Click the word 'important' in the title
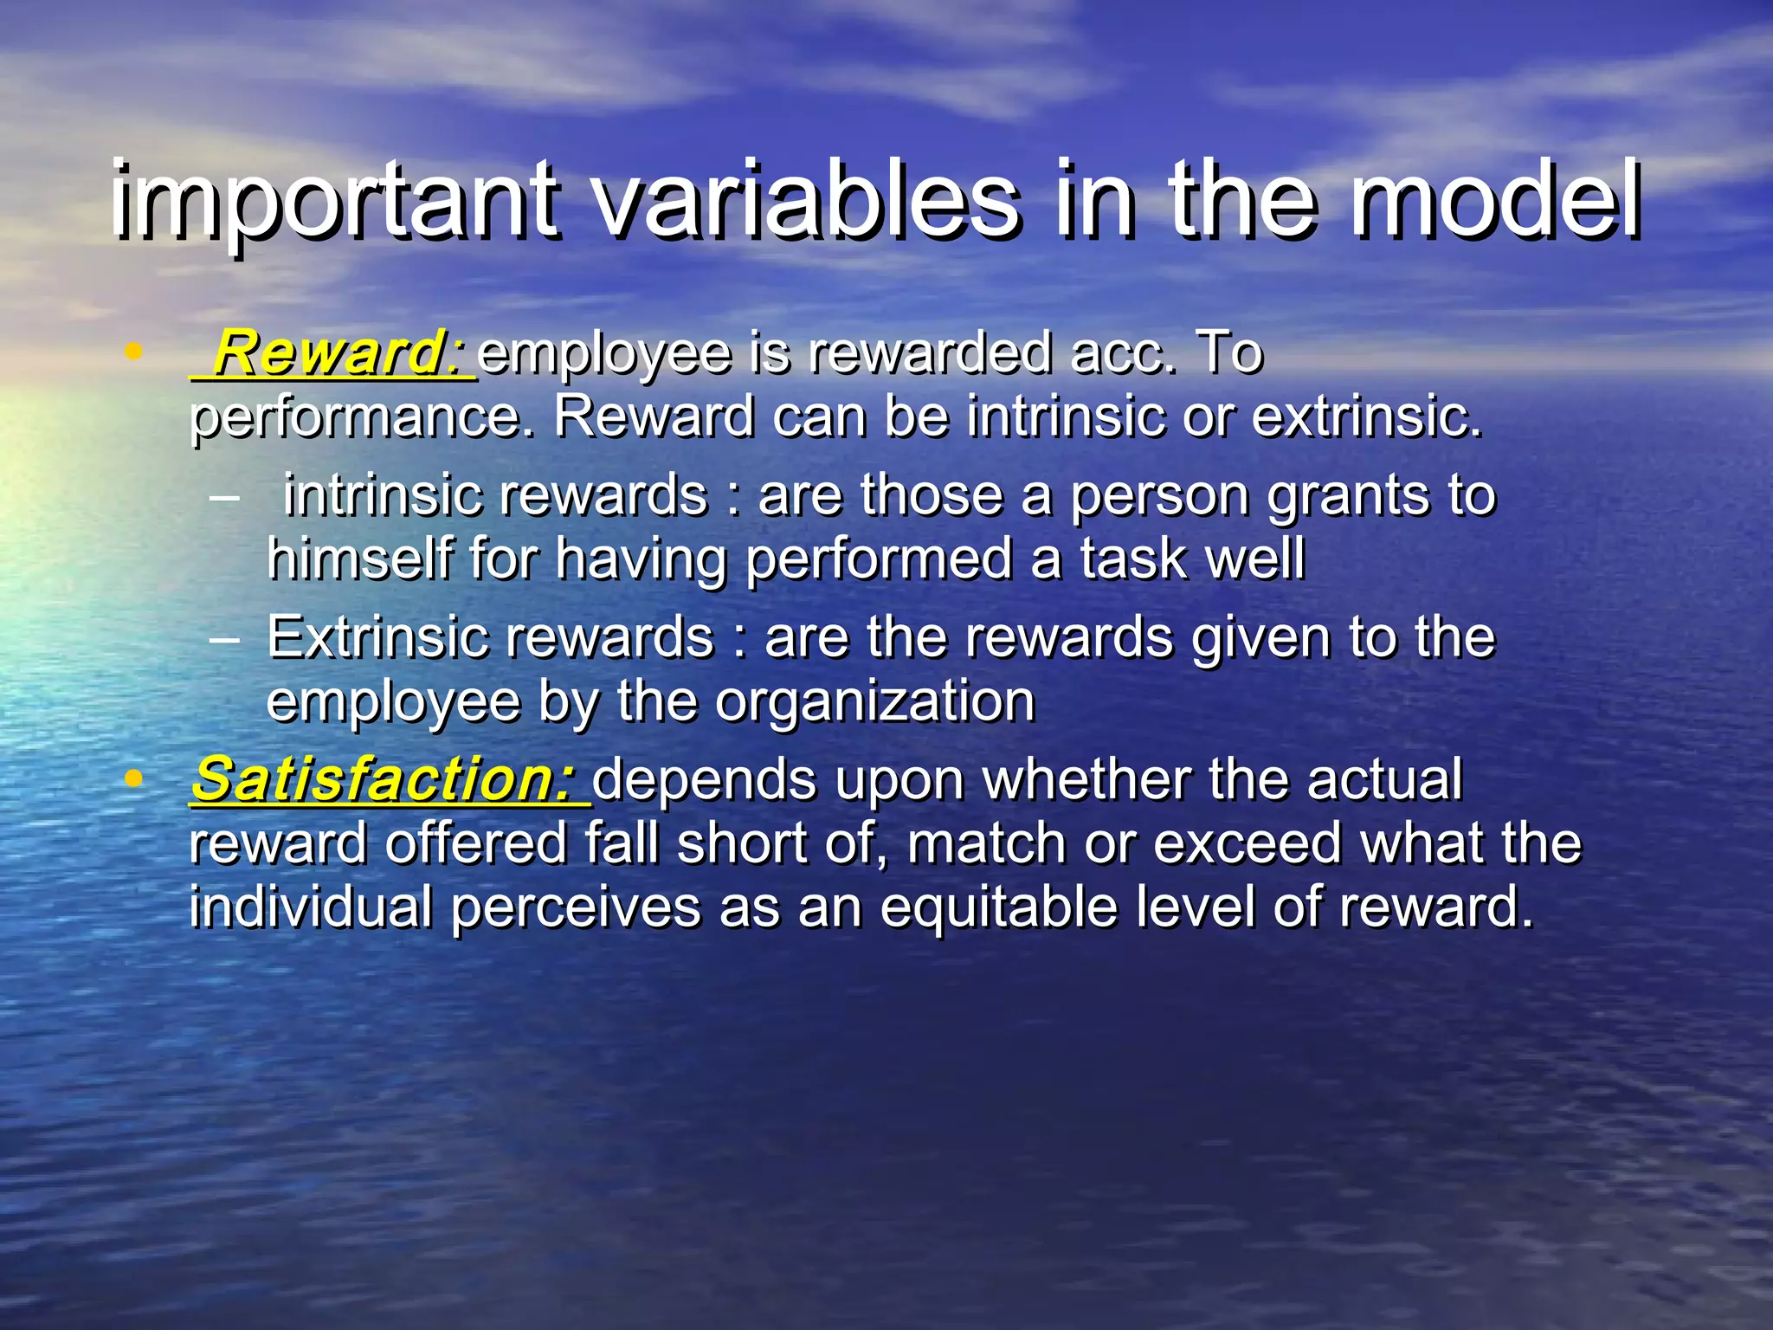point(333,201)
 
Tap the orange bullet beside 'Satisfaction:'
point(132,778)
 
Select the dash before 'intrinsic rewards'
point(224,499)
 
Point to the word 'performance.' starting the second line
point(363,418)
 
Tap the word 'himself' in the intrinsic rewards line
point(360,558)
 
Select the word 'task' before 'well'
point(1133,558)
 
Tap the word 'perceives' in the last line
point(575,907)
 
